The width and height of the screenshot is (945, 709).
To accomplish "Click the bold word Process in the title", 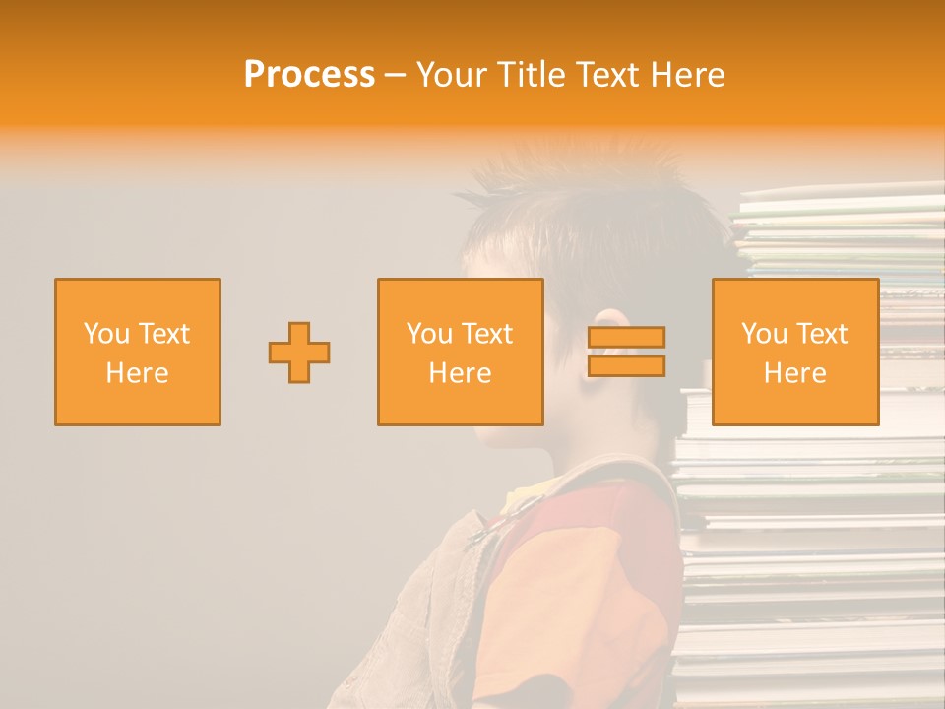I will (309, 75).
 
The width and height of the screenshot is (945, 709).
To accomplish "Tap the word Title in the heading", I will (530, 75).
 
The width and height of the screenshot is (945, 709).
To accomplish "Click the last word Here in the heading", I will (689, 75).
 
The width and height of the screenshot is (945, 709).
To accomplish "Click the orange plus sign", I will (299, 353).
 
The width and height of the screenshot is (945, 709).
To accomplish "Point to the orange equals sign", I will (626, 352).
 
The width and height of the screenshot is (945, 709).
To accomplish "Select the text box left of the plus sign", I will (138, 352).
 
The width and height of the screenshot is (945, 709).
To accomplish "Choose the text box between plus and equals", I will (460, 352).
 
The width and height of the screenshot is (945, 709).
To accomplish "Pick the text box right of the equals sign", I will (794, 352).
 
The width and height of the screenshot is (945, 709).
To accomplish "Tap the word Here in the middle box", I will (460, 373).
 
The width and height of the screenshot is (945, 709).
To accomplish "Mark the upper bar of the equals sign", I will (626, 337).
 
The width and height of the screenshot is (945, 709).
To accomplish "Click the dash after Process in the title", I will (395, 75).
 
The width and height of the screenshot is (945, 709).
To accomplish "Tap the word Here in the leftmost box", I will (138, 373).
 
